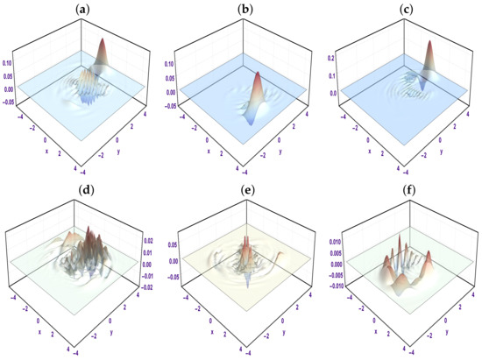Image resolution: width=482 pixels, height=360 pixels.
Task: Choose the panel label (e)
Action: [x=242, y=190]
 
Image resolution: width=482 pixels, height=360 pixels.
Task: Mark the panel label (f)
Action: [x=401, y=190]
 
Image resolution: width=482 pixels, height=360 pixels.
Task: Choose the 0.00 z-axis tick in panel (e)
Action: [x=167, y=261]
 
